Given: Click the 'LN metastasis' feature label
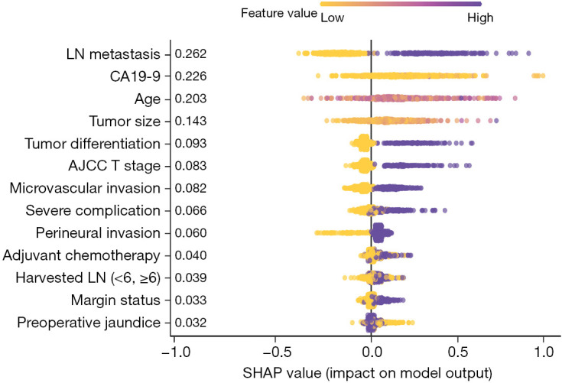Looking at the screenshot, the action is click(113, 54).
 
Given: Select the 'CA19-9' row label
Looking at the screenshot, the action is click(135, 76).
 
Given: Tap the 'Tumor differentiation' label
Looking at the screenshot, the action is click(93, 144).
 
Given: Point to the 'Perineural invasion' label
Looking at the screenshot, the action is click(98, 233).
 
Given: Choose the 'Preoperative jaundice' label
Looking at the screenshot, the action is click(89, 323).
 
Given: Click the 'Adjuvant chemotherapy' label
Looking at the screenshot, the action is click(81, 255).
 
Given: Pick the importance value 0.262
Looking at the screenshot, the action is click(190, 54).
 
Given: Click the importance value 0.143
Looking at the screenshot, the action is click(190, 121).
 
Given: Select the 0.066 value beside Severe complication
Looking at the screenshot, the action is click(190, 211).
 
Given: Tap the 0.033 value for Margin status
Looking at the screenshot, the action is click(190, 300).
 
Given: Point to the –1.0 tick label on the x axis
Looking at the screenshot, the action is click(176, 352).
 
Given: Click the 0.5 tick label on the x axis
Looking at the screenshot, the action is click(458, 352).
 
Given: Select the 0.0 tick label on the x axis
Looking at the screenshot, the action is click(372, 352).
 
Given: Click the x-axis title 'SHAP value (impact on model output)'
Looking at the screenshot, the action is click(367, 373).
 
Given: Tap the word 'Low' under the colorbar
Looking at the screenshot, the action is click(333, 18).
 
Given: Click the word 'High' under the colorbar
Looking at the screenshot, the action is click(480, 18).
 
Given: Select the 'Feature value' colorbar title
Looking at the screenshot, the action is click(279, 13).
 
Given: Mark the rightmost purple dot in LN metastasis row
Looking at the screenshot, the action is click(528, 54).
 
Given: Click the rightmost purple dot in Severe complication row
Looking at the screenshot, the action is click(445, 210).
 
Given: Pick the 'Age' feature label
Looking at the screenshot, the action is click(148, 99).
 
